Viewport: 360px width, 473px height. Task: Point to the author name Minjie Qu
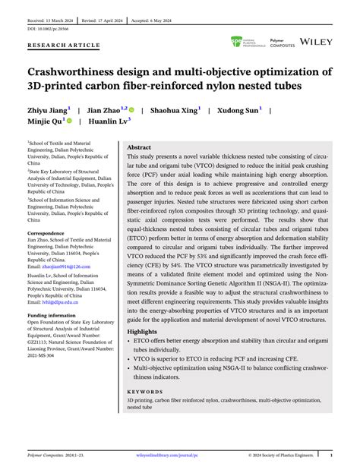click(x=46, y=120)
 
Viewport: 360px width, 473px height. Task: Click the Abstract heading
click(x=139, y=147)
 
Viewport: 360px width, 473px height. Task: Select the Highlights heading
click(x=142, y=331)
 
